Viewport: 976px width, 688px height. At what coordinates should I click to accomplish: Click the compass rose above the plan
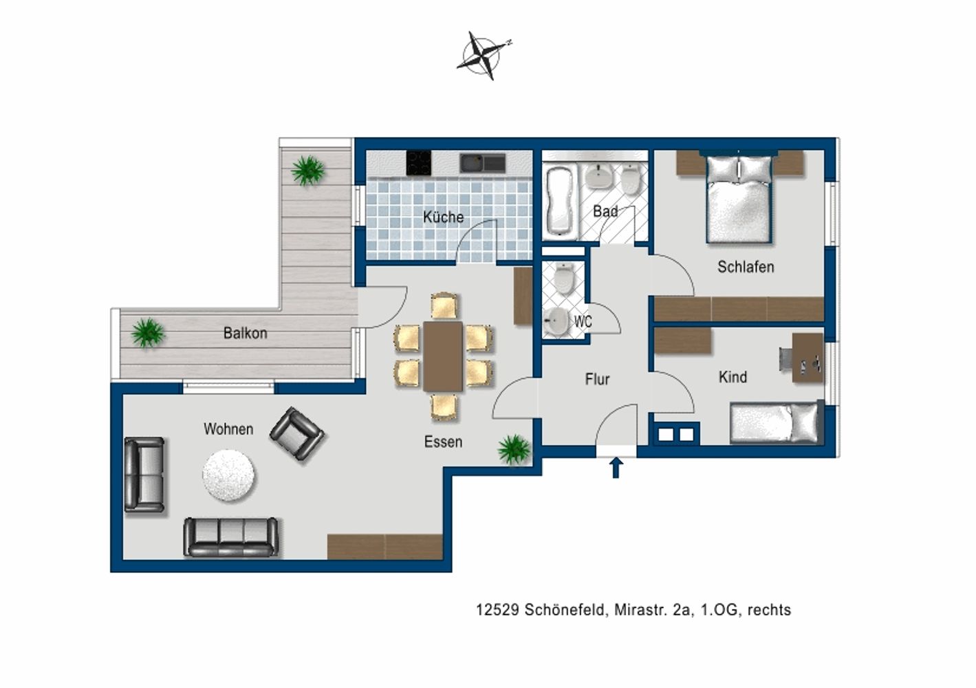(484, 56)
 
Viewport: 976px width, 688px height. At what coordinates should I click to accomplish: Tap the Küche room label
(443, 217)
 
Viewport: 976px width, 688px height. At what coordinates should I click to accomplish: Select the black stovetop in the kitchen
(419, 163)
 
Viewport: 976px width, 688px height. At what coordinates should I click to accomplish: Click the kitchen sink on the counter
(482, 163)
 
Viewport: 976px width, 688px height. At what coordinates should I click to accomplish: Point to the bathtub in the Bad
(561, 200)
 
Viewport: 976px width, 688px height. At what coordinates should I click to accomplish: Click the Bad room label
(605, 211)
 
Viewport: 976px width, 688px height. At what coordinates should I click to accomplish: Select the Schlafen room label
(746, 267)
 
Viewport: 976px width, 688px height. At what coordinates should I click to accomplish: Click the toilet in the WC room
(564, 278)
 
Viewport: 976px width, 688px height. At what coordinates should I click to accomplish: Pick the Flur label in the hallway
(597, 379)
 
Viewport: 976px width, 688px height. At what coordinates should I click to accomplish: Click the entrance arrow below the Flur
(615, 468)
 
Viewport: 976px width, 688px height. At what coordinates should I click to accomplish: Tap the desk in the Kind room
(807, 358)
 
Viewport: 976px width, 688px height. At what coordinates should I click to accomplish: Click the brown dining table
(443, 356)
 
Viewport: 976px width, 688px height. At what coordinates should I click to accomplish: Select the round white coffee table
(229, 475)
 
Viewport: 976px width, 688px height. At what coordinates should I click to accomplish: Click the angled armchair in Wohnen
(296, 433)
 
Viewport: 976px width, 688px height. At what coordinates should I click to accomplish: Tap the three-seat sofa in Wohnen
(231, 537)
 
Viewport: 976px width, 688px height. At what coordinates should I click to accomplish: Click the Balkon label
(245, 333)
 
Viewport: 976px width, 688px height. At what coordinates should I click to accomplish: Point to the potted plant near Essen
(514, 449)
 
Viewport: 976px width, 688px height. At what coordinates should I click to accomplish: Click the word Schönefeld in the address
(565, 610)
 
